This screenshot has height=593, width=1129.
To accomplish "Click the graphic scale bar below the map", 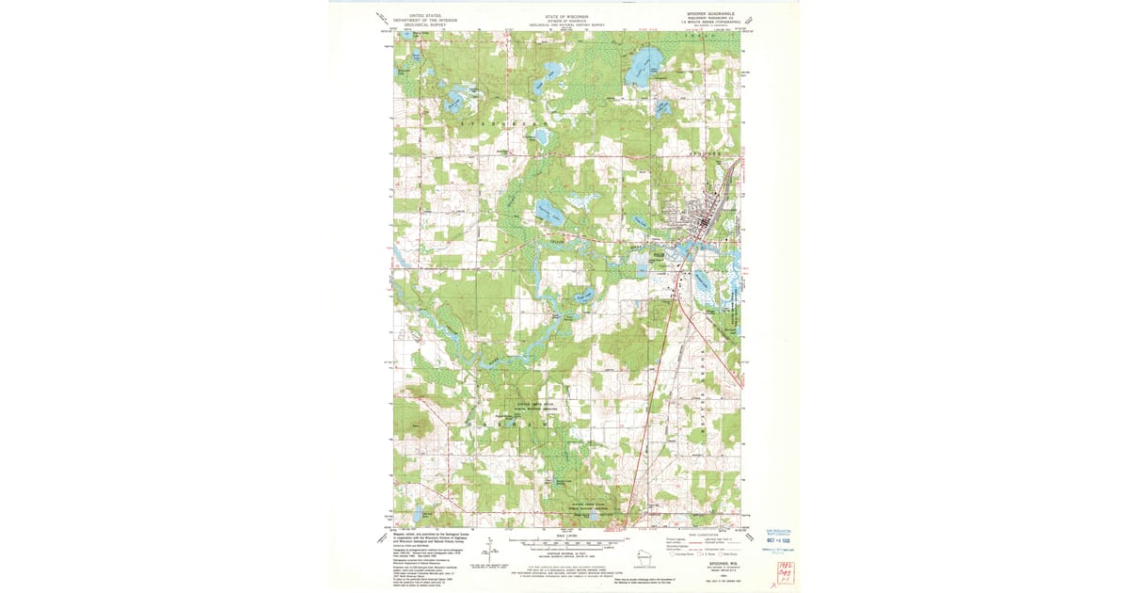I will click(x=564, y=543).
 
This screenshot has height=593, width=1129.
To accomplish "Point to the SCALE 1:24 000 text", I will click(x=564, y=536).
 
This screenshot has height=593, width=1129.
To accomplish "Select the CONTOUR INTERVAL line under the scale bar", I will click(x=564, y=553).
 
